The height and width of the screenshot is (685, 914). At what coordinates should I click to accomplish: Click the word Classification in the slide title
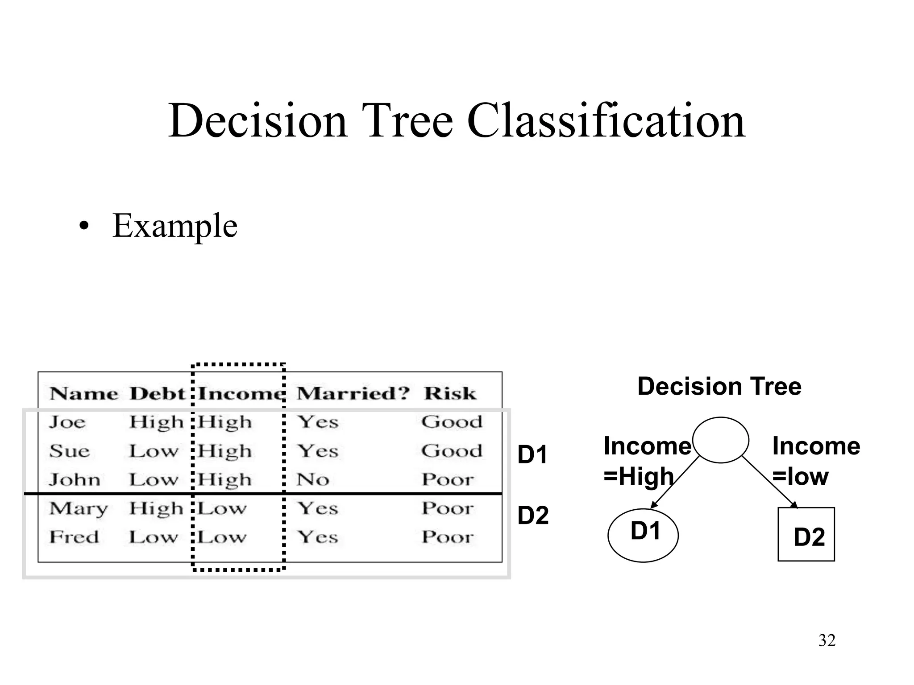point(606,120)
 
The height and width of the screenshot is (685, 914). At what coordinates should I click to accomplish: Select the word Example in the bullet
point(174,226)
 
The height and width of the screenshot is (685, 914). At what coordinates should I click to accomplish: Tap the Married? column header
point(353,393)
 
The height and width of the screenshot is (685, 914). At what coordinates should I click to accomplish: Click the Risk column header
point(450,393)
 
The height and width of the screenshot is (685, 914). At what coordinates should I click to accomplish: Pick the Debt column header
point(157,393)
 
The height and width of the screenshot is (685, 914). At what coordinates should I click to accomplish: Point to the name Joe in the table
point(67,422)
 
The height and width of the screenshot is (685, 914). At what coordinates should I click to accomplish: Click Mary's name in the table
point(79,509)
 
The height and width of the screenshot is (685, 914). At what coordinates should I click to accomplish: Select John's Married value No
point(313,480)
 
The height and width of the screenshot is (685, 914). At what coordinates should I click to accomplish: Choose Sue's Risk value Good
point(452,451)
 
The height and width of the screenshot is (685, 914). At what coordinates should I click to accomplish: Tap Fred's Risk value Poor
point(448,537)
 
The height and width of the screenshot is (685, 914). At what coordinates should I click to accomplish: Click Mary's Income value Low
point(222,509)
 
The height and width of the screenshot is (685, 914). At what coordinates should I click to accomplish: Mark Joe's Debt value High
point(156,422)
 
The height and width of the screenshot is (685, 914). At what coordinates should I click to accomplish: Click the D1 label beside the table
point(532,455)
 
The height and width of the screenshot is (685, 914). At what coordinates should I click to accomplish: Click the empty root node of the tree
point(720,440)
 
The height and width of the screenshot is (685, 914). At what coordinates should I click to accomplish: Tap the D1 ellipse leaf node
point(643,535)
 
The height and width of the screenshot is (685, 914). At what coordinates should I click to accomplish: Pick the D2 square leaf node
point(806,534)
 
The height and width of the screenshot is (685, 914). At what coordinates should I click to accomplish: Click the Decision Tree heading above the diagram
point(719,386)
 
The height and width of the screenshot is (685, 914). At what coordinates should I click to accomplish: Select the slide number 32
point(827,640)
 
